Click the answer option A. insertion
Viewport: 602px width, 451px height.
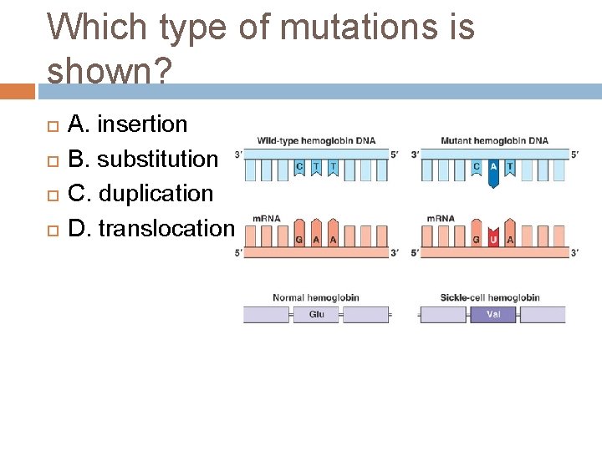[127, 124]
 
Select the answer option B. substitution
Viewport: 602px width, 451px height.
[142, 159]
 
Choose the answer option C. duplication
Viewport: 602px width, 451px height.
[140, 193]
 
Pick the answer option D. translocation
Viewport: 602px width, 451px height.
[150, 227]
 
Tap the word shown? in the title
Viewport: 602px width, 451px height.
[109, 71]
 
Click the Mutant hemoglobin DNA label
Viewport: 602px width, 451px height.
[494, 140]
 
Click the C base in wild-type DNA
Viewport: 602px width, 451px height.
[300, 167]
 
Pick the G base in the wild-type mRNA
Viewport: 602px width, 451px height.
[300, 238]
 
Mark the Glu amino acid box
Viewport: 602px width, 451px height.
[317, 315]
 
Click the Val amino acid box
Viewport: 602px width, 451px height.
[494, 315]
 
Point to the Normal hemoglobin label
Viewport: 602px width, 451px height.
[316, 297]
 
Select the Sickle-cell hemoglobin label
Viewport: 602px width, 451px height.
[490, 297]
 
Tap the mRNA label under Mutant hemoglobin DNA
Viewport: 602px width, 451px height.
[441, 218]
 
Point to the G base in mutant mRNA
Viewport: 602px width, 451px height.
[477, 238]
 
